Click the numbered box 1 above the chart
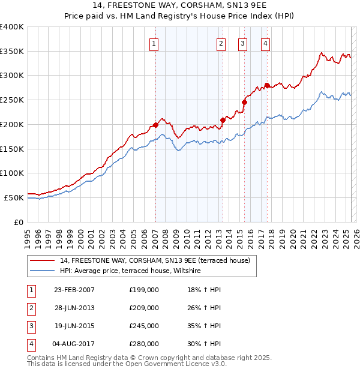click(154, 43)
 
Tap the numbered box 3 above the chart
click(242, 43)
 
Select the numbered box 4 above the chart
click(265, 43)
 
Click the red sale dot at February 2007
click(155, 125)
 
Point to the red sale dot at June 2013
click(223, 120)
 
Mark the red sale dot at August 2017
click(267, 85)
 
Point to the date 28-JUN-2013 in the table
click(74, 308)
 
